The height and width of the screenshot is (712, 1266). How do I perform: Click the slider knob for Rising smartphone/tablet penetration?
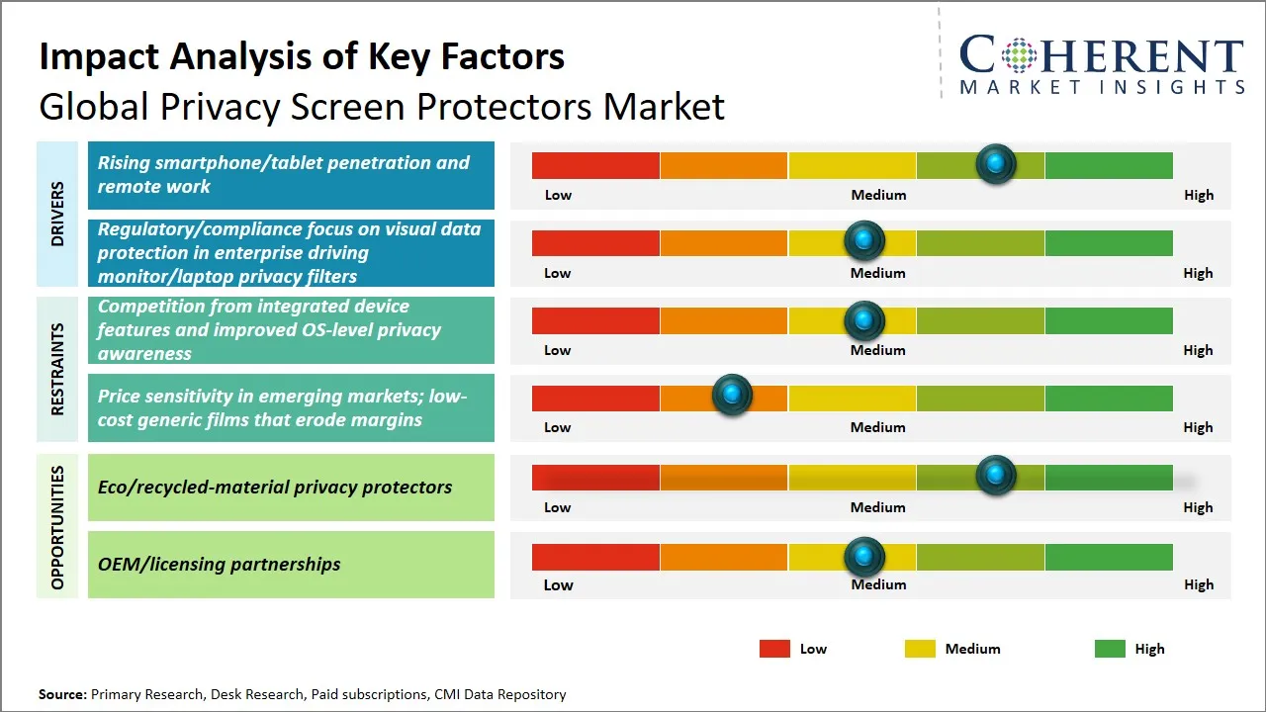point(996,164)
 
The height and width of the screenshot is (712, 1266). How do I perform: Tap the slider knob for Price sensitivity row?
point(732,396)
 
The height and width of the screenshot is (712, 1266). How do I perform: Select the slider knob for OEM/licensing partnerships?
point(864,557)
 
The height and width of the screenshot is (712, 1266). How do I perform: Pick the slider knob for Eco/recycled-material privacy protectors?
point(996,476)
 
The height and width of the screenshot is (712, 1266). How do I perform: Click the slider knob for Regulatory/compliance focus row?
point(864,240)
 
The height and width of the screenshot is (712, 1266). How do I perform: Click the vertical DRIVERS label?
point(57,214)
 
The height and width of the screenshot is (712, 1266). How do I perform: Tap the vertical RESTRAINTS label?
point(57,368)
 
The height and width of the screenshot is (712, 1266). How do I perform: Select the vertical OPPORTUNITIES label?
point(57,527)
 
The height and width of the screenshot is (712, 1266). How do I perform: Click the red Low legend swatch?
point(774,649)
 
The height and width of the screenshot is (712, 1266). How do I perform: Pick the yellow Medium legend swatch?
point(920,649)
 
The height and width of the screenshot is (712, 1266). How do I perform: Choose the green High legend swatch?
point(1110,649)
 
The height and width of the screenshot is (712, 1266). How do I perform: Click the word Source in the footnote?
point(61,695)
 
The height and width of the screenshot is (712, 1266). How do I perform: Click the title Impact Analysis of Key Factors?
point(302,56)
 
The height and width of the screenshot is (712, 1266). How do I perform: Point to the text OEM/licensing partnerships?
point(219,565)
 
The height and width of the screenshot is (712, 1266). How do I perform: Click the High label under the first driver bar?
point(1199,195)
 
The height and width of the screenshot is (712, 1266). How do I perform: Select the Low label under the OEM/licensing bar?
point(558,584)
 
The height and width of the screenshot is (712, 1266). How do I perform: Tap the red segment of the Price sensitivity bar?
point(595,398)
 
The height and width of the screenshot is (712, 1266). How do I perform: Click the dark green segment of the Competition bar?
point(1108,320)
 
